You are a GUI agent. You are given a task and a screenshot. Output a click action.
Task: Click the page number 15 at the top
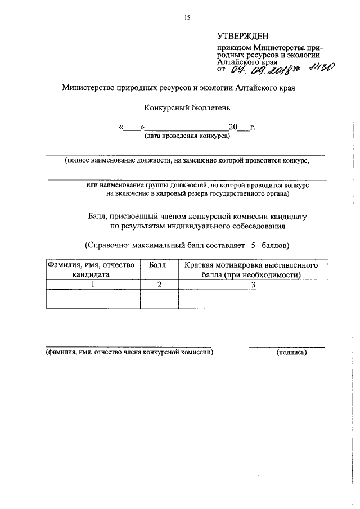(x=187, y=17)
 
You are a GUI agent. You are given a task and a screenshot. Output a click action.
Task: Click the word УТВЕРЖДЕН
(x=243, y=37)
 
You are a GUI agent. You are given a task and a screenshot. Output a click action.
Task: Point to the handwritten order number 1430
(x=321, y=67)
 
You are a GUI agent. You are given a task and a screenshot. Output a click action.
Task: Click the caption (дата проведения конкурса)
(x=187, y=136)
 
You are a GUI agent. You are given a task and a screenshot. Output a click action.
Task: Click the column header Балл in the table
(x=159, y=265)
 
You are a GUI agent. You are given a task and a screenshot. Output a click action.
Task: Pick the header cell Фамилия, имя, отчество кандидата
(x=92, y=270)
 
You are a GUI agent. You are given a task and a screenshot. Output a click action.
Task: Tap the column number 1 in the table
(x=93, y=285)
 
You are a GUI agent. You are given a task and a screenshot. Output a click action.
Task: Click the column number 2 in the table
(x=159, y=285)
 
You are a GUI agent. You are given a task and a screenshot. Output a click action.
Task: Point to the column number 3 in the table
(x=253, y=285)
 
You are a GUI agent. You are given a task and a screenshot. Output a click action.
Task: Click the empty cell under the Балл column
(x=159, y=299)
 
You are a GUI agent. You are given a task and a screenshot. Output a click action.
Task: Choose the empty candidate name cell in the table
(x=93, y=299)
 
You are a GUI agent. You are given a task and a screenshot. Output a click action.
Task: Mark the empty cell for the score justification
(x=253, y=299)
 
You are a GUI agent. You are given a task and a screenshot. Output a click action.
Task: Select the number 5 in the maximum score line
(x=253, y=246)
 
